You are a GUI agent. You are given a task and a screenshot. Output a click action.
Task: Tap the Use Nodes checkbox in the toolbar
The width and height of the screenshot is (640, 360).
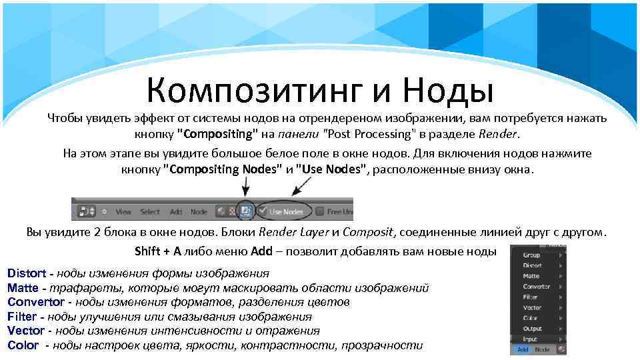pyautogui.click(x=265, y=211)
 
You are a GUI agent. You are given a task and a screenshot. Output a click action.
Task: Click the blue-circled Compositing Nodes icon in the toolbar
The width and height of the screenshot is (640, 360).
pyautogui.click(x=245, y=211)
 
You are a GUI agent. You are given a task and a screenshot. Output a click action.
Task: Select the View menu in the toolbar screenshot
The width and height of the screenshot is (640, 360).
pyautogui.click(x=123, y=211)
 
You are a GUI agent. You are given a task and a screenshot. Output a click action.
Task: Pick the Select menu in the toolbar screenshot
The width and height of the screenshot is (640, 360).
pyautogui.click(x=150, y=211)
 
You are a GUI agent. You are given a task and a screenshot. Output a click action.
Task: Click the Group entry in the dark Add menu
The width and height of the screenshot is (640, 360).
pyautogui.click(x=531, y=255)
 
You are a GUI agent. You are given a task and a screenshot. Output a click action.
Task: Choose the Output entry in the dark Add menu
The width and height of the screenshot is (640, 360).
pyautogui.click(x=532, y=329)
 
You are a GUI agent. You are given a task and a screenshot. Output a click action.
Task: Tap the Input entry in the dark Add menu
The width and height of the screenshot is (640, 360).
pyautogui.click(x=530, y=339)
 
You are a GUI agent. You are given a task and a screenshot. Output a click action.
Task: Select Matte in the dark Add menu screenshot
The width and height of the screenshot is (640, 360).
pyautogui.click(x=531, y=276)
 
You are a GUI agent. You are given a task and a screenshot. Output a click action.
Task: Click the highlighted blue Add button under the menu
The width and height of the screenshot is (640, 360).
pyautogui.click(x=523, y=349)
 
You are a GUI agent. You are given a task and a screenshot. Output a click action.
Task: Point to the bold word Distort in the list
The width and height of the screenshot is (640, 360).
pyautogui.click(x=27, y=273)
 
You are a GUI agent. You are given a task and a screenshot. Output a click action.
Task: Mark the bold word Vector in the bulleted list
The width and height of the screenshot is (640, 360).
pyautogui.click(x=25, y=331)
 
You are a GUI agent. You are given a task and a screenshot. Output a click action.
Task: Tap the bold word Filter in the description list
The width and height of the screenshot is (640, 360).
pyautogui.click(x=21, y=317)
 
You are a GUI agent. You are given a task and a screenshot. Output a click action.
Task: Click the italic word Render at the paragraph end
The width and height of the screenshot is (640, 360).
pyautogui.click(x=497, y=133)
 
